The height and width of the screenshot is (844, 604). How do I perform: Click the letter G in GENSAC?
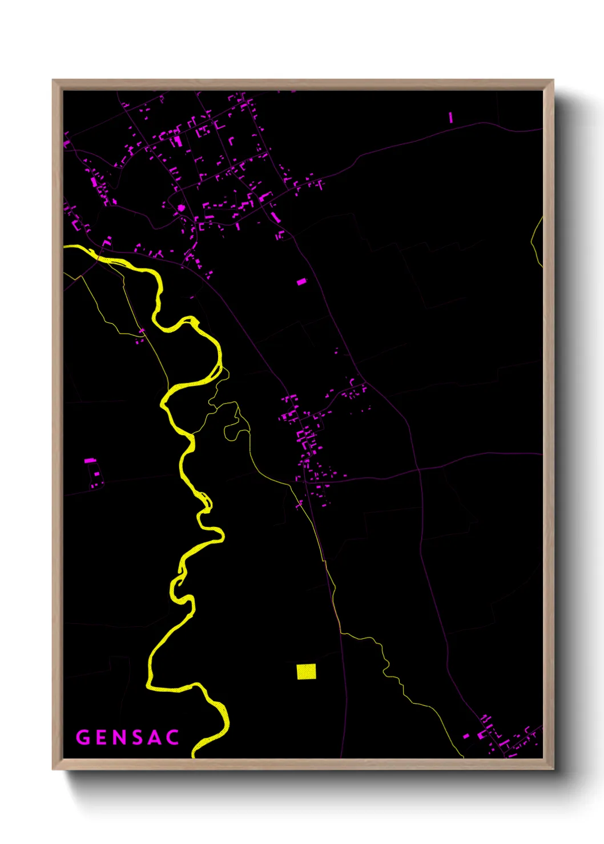point(83,737)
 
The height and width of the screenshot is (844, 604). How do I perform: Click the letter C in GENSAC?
point(172,737)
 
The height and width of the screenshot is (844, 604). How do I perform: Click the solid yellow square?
point(306,671)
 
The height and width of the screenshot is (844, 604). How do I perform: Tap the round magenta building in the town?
point(182,208)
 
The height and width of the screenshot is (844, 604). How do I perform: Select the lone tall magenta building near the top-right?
point(450,117)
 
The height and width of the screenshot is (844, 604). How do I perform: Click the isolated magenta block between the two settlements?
point(301,281)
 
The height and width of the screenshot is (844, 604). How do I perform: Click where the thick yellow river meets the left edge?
point(66,247)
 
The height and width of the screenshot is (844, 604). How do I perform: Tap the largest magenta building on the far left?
point(90,460)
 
